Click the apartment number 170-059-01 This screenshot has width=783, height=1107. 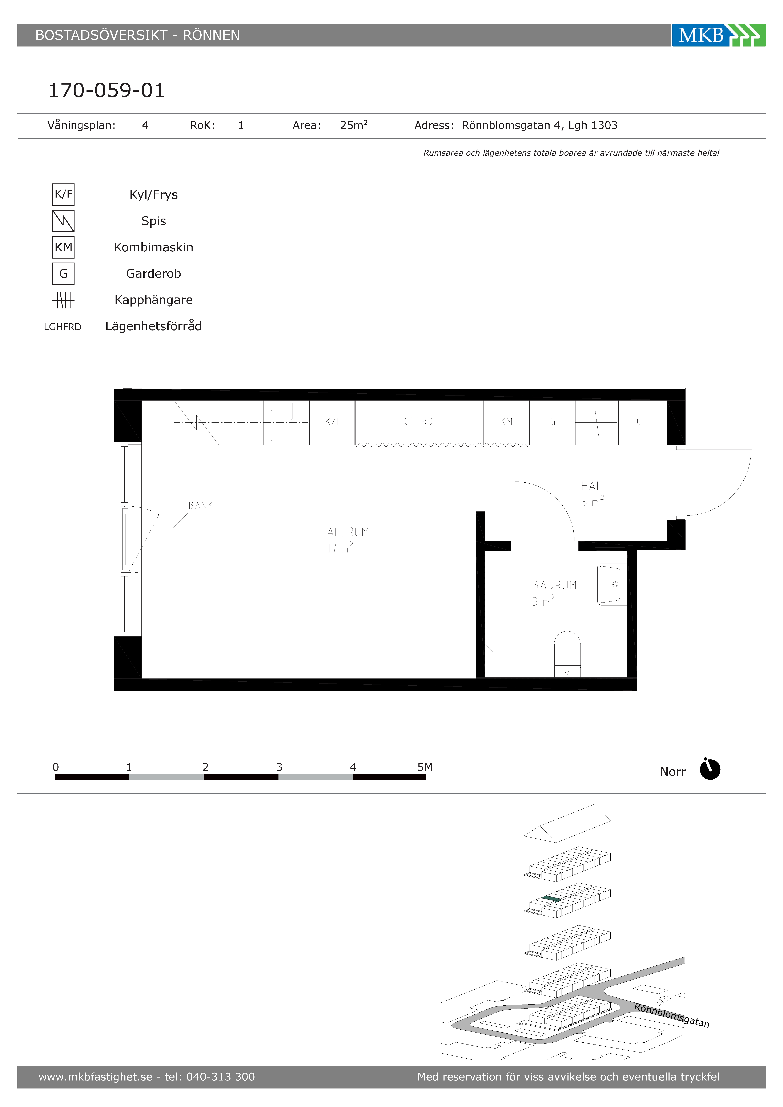(x=107, y=90)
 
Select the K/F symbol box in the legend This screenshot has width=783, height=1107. (x=63, y=194)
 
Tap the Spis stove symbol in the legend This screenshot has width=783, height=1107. (x=63, y=221)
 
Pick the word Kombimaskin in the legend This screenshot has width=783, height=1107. (x=153, y=247)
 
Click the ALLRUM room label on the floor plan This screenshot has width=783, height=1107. (x=348, y=532)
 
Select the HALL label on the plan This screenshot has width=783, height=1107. (x=594, y=486)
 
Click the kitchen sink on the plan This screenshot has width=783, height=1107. (x=286, y=425)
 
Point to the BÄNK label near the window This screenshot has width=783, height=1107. (x=200, y=505)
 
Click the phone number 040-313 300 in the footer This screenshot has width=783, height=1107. (x=220, y=1077)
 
